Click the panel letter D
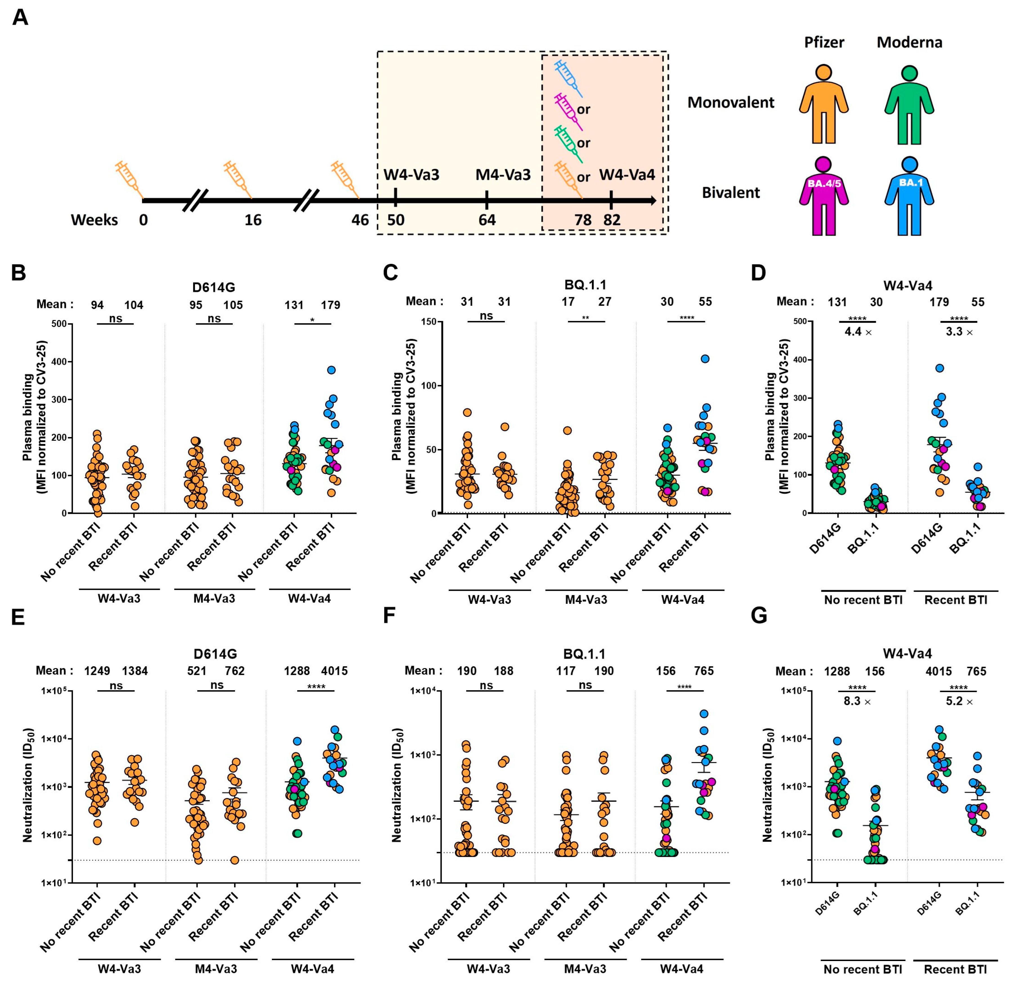point(758,272)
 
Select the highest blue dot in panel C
point(705,359)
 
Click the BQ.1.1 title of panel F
point(585,654)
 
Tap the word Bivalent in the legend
point(730,193)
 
